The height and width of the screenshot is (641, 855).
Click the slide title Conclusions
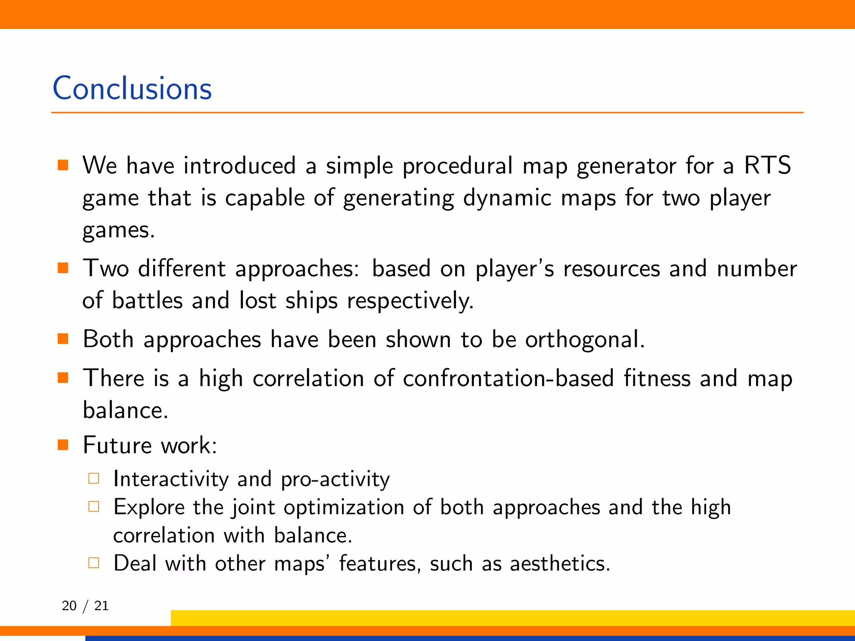coord(132,88)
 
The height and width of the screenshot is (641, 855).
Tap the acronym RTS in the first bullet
coord(767,165)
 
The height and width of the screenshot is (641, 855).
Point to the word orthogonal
coord(584,340)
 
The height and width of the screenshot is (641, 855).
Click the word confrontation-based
coord(508,379)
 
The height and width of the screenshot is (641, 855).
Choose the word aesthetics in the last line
coord(559,564)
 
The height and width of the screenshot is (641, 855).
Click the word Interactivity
coord(171,479)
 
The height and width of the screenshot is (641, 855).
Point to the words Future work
coord(149,445)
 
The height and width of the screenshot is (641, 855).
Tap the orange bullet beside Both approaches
coord(63,338)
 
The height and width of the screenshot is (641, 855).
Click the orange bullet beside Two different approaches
coord(63,268)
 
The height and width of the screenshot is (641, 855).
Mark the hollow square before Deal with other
coord(94,563)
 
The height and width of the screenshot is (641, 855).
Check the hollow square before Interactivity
coord(94,478)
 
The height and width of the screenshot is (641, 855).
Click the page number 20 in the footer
coord(69,606)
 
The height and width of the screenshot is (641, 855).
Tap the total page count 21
coord(101,606)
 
